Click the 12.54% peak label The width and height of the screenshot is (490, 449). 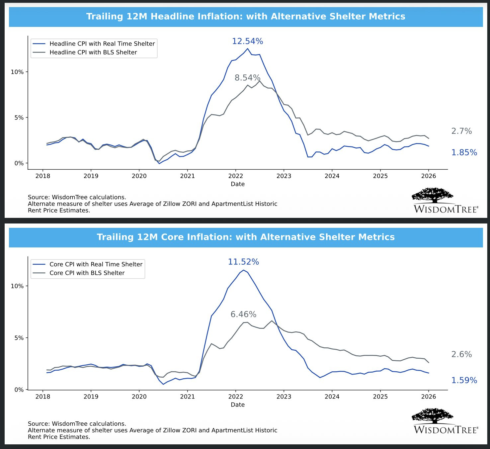pos(247,41)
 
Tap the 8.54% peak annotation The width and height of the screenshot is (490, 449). pos(247,78)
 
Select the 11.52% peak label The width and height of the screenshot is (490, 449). pos(243,262)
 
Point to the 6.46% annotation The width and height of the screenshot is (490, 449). pos(243,314)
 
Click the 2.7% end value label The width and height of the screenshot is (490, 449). pos(461,131)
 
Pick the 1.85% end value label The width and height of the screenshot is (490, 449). pos(464,152)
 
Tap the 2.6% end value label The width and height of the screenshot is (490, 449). pos(461,354)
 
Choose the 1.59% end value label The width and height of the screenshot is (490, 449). pos(464,380)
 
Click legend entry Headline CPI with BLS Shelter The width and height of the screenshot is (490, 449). pos(93,52)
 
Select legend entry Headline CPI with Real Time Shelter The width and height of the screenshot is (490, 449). pos(102,44)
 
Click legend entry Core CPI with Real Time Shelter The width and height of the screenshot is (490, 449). pos(96,264)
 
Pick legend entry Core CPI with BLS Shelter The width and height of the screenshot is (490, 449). pos(87,273)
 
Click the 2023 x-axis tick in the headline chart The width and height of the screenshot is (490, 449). pos(284,176)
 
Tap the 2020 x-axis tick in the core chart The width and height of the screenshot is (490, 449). pos(139,397)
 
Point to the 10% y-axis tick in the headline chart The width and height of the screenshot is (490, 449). pos(17,72)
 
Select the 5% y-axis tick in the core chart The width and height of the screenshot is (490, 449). pos(19,338)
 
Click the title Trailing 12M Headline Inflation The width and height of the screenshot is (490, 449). pos(246,17)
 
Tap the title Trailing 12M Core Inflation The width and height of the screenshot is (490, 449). pos(246,237)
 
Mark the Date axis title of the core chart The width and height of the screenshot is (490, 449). pos(238,404)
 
